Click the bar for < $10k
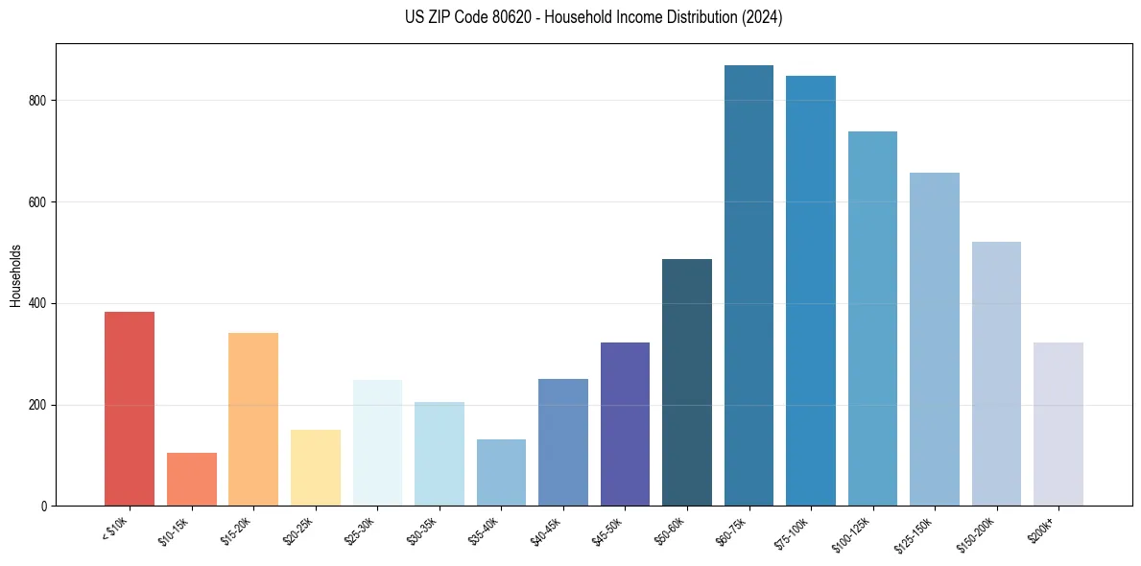tap(129, 409)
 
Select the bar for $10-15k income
tap(191, 479)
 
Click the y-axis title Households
tap(15, 274)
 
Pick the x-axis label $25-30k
tap(359, 530)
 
